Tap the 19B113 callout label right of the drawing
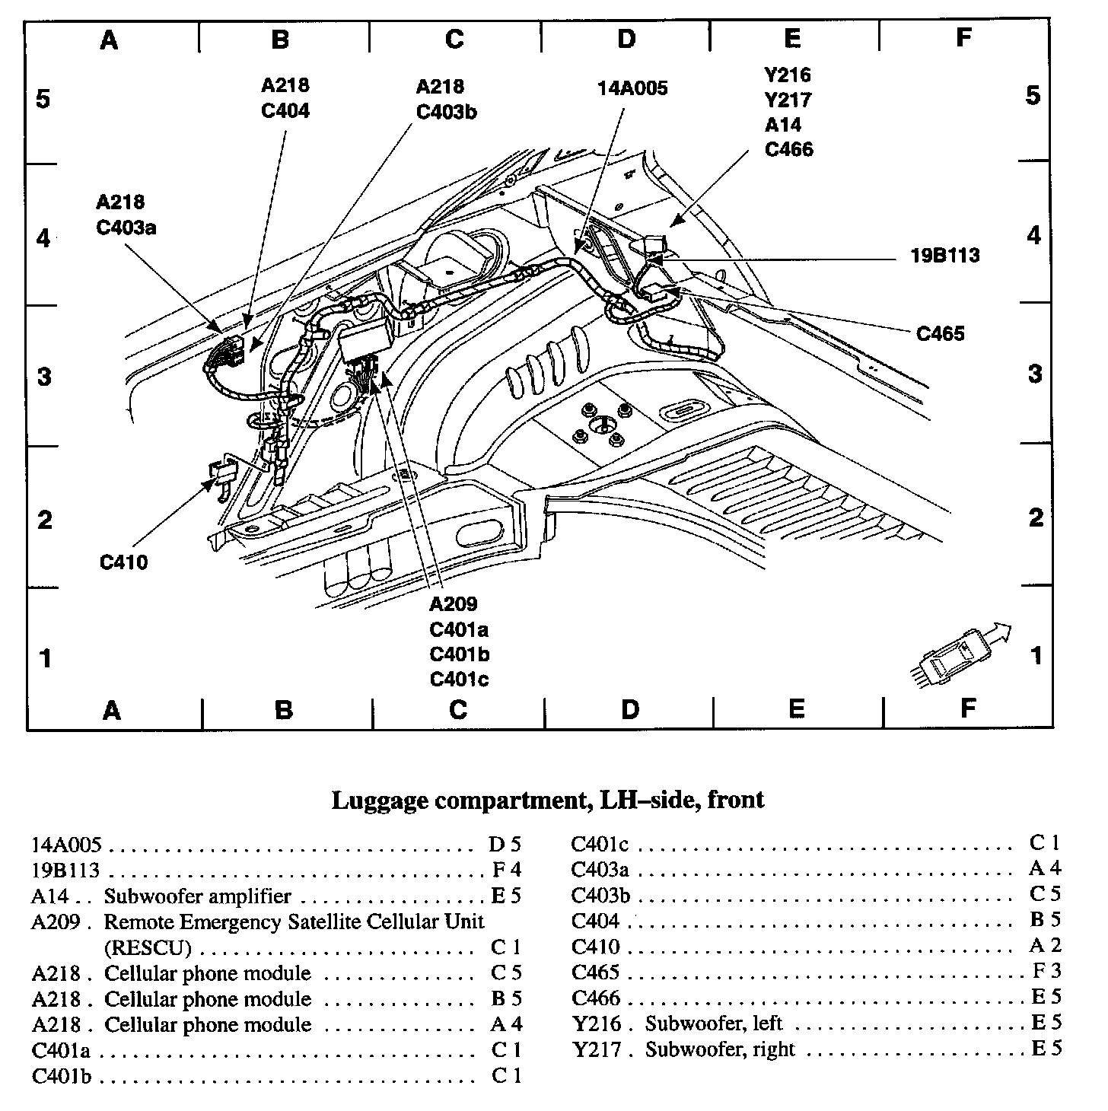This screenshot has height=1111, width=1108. tap(945, 255)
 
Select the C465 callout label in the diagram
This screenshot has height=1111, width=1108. tap(940, 333)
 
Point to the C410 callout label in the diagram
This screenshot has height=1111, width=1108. tap(123, 563)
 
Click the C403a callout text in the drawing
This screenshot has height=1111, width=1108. tap(126, 227)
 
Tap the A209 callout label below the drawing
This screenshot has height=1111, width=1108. tap(454, 604)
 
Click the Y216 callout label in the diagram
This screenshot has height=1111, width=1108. tap(788, 75)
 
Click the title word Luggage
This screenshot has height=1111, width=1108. tap(377, 800)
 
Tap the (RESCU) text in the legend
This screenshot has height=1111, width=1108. tap(147, 947)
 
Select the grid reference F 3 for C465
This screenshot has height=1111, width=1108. tap(1046, 971)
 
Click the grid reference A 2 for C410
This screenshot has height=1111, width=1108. tap(1046, 946)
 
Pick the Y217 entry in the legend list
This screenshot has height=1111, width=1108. tap(596, 1049)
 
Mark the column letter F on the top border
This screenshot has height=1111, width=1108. tap(963, 38)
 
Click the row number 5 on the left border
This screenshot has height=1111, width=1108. tap(43, 99)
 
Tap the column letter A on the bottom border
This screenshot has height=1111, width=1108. tap(112, 711)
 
